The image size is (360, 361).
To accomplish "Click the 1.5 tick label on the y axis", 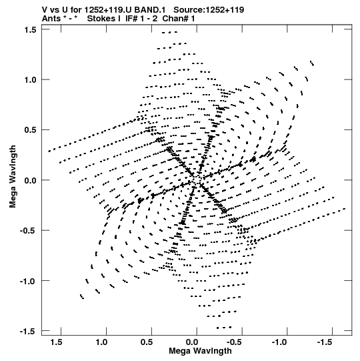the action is click(31, 30).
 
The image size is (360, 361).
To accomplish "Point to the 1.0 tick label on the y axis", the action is click(31, 80).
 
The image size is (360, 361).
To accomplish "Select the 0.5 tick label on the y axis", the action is click(31, 130).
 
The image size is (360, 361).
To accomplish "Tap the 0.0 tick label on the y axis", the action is click(31, 180).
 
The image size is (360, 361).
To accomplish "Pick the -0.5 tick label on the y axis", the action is click(28, 231).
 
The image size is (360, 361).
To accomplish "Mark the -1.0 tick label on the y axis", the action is click(28, 281).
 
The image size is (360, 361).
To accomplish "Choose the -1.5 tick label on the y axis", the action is click(28, 331).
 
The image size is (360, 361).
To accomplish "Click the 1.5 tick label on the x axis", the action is click(57, 342).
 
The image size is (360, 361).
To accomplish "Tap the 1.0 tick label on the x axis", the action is click(102, 342).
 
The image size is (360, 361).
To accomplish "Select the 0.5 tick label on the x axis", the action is click(147, 342).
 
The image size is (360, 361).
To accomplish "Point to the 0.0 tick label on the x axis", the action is click(192, 342).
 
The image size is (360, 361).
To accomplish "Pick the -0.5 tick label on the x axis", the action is click(235, 342).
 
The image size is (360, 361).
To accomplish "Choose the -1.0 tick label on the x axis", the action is click(281, 342).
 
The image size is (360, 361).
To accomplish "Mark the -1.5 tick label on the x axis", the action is click(326, 342).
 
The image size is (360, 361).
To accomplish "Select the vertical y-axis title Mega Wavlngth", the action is click(13, 177).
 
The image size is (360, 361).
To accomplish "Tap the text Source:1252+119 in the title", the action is click(209, 10).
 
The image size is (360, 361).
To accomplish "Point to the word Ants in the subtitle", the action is click(51, 19).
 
